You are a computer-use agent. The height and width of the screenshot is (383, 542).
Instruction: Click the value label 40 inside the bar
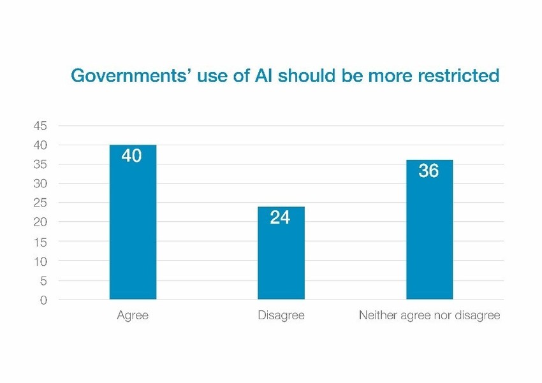131,155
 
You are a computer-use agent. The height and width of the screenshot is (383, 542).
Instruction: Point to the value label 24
280,217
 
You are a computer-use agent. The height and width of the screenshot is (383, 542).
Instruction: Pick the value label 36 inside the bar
428,171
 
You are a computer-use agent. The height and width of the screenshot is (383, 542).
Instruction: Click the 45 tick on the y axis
40,126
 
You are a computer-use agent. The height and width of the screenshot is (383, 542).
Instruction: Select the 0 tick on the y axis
43,300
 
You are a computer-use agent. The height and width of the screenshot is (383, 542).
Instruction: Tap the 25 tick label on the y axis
40,203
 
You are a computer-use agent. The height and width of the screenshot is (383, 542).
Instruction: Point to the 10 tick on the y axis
40,261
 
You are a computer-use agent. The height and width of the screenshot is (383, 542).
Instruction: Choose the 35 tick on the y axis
40,164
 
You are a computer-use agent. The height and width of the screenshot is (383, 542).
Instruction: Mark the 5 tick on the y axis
43,280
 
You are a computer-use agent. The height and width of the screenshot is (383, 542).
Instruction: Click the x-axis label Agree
133,315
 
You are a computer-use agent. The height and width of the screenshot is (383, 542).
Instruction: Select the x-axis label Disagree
281,315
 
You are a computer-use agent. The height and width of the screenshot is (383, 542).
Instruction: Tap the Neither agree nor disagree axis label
429,315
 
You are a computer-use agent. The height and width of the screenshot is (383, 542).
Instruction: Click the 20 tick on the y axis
40,222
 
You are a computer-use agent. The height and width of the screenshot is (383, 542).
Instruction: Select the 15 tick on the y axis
40,242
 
